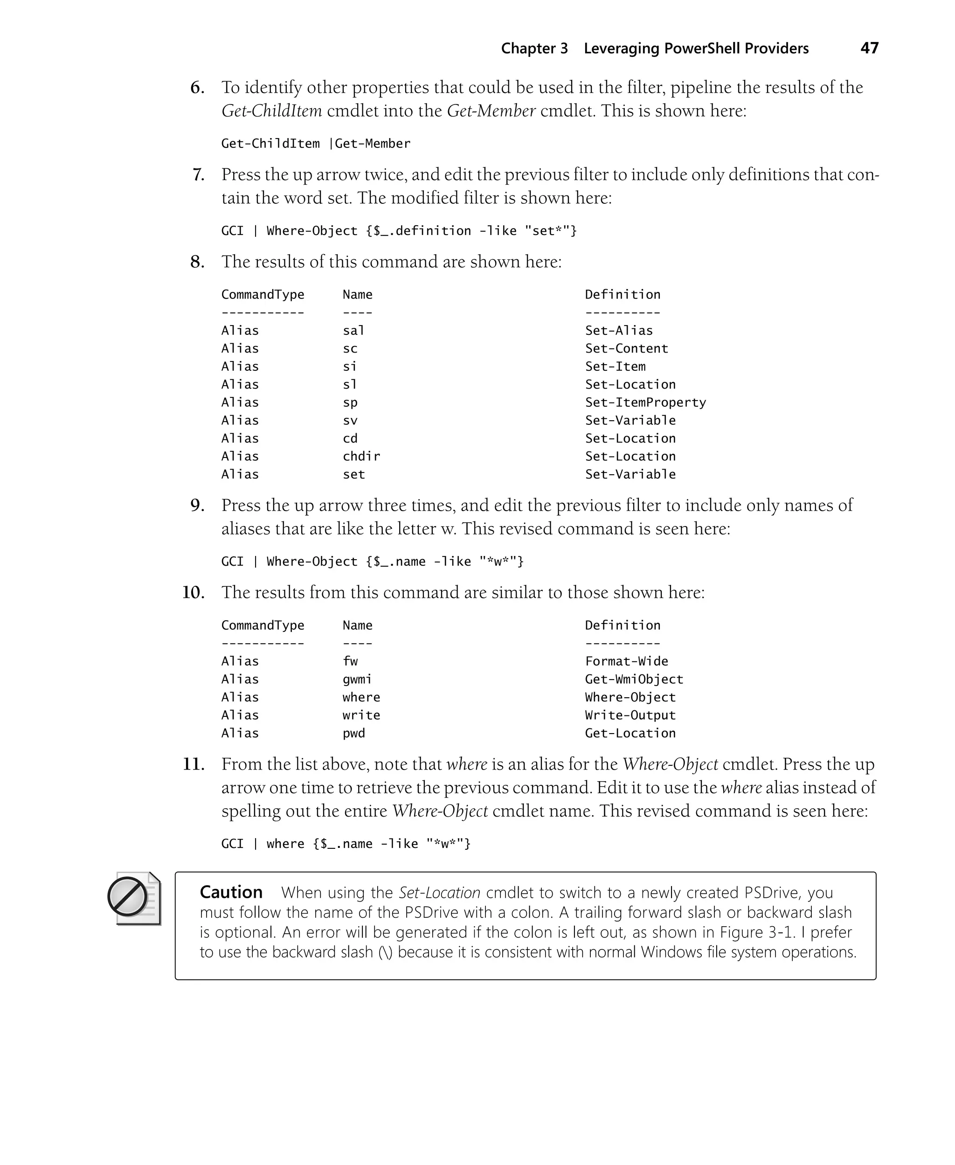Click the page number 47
pos(869,49)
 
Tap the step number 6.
pos(197,88)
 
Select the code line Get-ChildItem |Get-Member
pos(316,144)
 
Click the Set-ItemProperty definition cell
pos(645,402)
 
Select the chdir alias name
pos(361,456)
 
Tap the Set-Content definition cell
pos(626,348)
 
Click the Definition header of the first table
pos(622,294)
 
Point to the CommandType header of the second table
pos(263,625)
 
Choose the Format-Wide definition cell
pos(626,661)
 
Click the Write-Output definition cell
pos(630,715)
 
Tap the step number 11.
pos(193,764)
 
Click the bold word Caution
pos(230,892)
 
